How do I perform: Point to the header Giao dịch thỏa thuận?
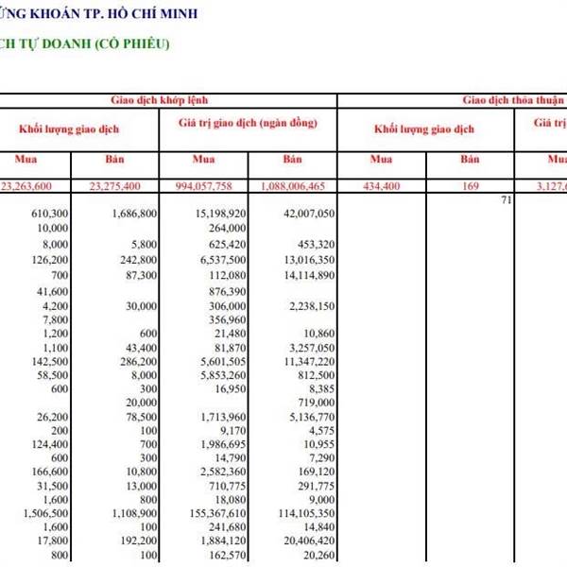[513, 99]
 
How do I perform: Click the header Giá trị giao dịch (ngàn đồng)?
[248, 124]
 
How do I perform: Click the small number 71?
[506, 200]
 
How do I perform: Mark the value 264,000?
[227, 229]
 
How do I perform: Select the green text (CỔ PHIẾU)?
[131, 43]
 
